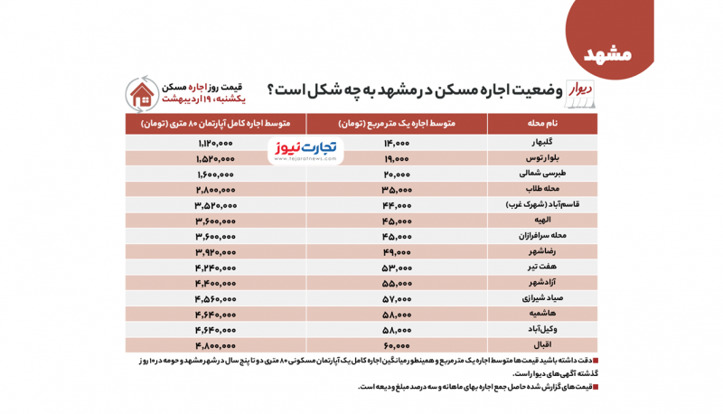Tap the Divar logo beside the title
tap(579, 90)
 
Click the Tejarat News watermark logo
tap(305, 149)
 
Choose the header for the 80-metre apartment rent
tap(215, 122)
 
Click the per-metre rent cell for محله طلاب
tap(397, 190)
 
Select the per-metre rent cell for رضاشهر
tap(397, 251)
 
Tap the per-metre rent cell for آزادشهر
tap(397, 282)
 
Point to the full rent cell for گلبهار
tap(215, 143)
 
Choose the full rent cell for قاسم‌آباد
tap(215, 205)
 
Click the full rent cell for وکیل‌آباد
tap(215, 329)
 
